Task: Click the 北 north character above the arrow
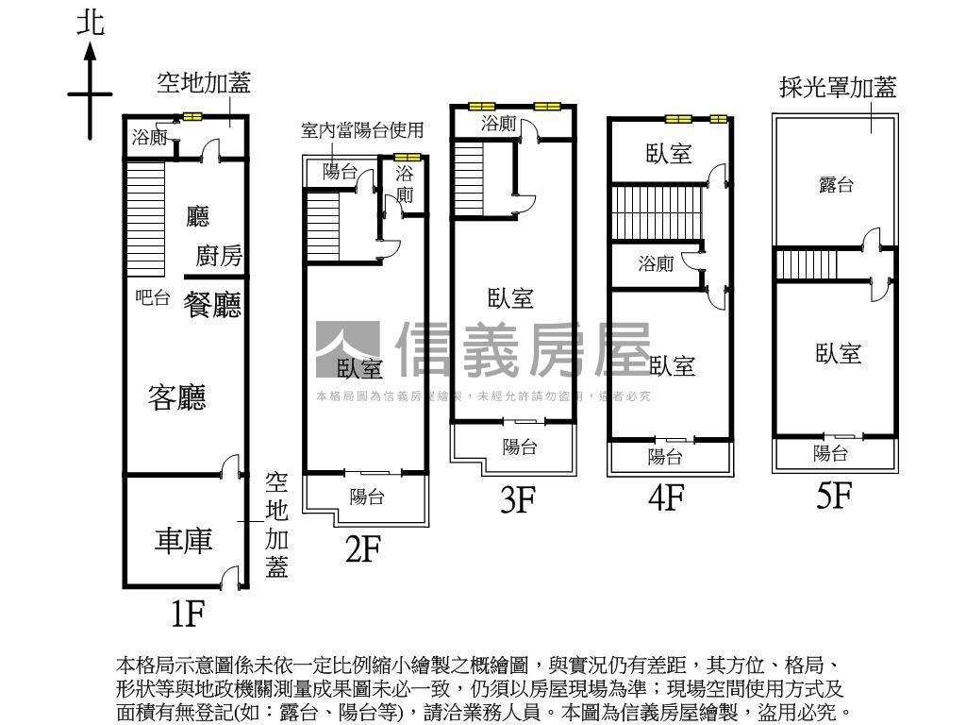point(91,25)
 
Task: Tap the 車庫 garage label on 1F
point(185,541)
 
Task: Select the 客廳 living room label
point(177,397)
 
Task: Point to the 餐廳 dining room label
point(212,305)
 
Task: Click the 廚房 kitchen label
point(219,256)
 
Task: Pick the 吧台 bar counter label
point(153,298)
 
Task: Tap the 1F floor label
point(188,615)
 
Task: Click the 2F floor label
point(362,548)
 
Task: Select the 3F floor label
point(518,499)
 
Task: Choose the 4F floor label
point(666,497)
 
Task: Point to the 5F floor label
point(834,495)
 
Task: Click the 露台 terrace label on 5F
point(836,185)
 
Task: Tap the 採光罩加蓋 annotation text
point(837,88)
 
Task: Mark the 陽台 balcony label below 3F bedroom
point(519,447)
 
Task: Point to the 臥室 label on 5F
point(839,353)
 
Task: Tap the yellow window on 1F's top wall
point(192,117)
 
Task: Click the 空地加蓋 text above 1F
point(204,83)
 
